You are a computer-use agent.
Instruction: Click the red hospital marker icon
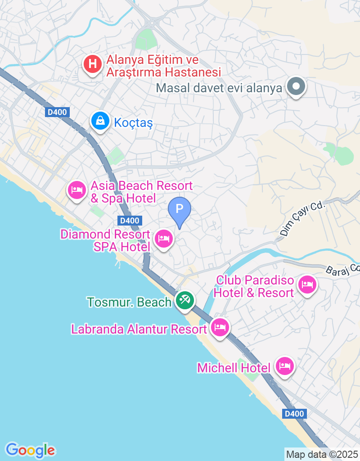93,64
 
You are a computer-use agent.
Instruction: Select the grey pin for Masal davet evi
296,86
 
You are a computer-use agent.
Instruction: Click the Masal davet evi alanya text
219,88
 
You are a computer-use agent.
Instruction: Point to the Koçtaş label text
134,122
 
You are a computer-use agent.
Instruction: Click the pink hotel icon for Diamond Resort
163,239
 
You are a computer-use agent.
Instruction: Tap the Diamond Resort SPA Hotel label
105,240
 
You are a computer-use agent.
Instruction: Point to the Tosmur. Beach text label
130,302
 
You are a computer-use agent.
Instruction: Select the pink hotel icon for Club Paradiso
307,285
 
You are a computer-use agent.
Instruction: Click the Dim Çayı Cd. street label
302,219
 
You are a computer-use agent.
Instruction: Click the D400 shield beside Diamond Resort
130,221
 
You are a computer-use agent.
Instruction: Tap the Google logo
31,450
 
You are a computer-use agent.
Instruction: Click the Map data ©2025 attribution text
322,454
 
